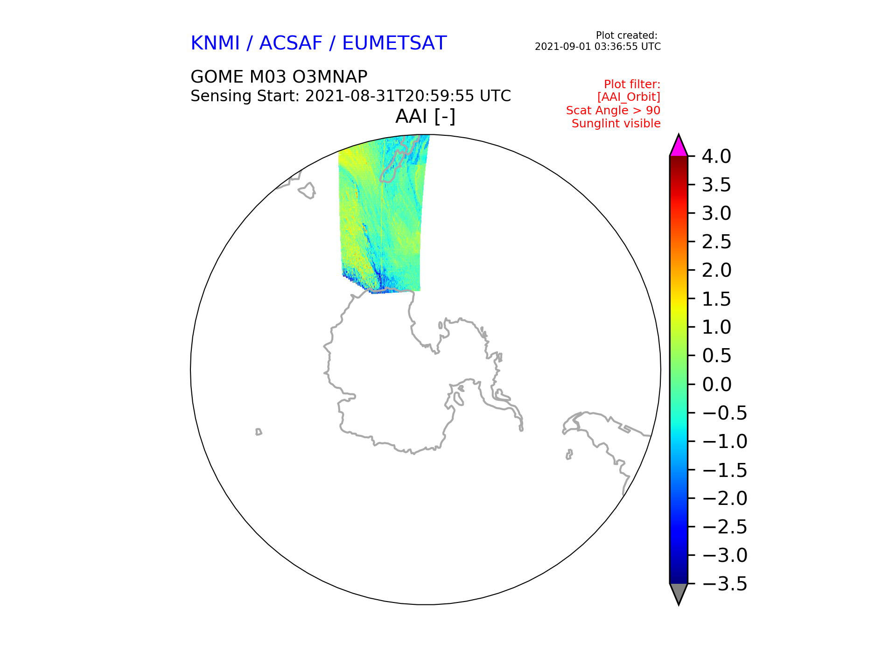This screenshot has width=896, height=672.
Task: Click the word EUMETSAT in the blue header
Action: point(394,43)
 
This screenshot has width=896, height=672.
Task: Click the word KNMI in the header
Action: point(215,43)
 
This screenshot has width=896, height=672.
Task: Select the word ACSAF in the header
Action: point(291,43)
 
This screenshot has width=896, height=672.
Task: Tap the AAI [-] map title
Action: point(425,117)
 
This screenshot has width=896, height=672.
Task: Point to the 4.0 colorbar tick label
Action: point(716,156)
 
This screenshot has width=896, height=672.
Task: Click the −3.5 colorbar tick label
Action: point(724,584)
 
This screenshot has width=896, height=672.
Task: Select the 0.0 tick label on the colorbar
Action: point(716,385)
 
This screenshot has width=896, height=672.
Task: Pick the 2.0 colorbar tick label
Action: point(716,270)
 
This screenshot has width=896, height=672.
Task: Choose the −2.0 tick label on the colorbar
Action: point(724,498)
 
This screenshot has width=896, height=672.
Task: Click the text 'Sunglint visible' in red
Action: point(616,124)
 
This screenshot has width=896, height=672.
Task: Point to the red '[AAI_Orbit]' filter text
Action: point(629,97)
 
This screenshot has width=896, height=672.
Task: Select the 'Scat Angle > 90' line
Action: point(613,111)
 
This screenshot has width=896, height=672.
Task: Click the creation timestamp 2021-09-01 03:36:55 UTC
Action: point(598,47)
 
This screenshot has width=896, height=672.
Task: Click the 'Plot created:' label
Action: point(627,35)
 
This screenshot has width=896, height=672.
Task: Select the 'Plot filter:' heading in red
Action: point(632,84)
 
